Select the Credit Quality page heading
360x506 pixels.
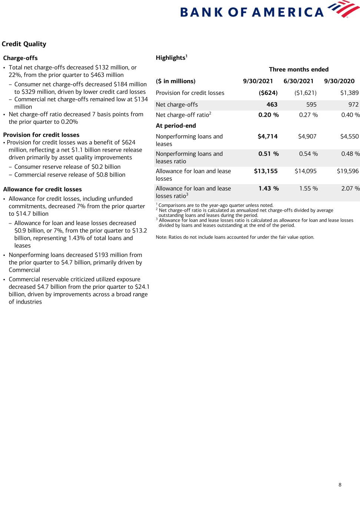pos(24,44)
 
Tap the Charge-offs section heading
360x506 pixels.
pos(20,58)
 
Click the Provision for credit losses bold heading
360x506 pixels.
pos(41,135)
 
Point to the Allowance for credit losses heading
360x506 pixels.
pos(42,189)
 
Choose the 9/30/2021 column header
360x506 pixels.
pos(258,81)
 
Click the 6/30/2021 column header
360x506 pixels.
pos(298,81)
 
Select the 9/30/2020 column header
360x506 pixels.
pos(339,81)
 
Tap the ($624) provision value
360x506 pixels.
pos(268,93)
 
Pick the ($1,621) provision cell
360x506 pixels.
pos(305,93)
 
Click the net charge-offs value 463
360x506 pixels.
pos(272,105)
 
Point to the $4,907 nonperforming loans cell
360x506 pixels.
pos(307,136)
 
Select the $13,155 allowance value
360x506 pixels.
pos(265,171)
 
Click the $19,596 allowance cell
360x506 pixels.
pos(348,171)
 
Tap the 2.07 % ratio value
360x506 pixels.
pos(350,189)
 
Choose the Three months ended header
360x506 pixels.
pos(298,69)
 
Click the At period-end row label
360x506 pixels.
pos(176,126)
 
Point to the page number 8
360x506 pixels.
pos(340,485)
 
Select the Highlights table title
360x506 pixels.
pos(171,58)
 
